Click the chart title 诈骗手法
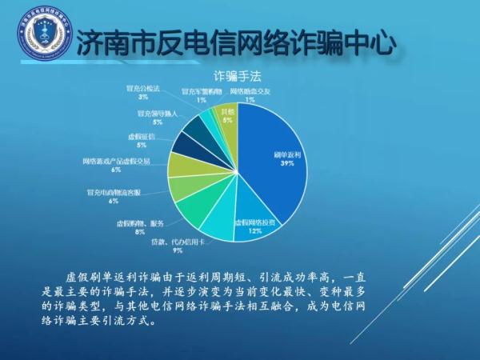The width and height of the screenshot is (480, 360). tap(236, 76)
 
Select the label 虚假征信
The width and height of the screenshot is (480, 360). tap(142, 137)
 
